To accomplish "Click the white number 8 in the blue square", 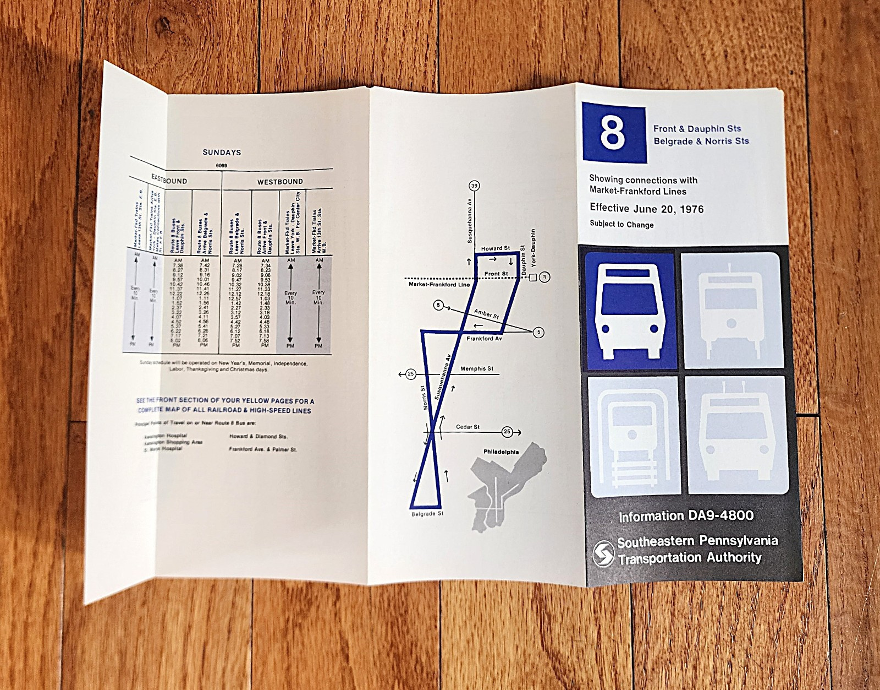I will pos(612,133).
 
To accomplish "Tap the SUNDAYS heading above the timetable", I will pos(222,153).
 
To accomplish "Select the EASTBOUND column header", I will pos(169,180).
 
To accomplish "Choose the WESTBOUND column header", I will pos(280,182).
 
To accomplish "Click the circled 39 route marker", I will pos(474,186).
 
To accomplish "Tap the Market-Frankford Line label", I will pos(439,284).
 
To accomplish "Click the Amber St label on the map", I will pos(486,314).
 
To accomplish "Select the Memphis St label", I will pos(477,368).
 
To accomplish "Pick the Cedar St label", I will pos(468,427).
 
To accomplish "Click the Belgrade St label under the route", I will pos(427,514).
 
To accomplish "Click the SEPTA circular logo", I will pos(603,553).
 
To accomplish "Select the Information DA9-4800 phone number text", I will pos(686,516).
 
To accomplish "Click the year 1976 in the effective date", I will pos(691,209).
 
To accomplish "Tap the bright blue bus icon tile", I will pos(630,311).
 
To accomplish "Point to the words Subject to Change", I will pos(621,224).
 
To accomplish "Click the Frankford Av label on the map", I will pos(484,339).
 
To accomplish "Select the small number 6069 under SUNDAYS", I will pos(222,166).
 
